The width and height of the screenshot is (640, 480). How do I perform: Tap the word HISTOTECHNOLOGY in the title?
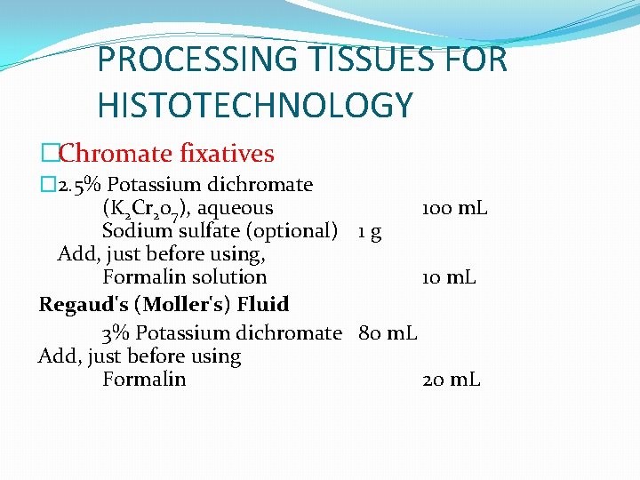pos(255,106)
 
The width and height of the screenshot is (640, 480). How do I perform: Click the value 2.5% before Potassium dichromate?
pos(79,185)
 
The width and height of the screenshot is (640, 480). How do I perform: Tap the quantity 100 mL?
pos(453,208)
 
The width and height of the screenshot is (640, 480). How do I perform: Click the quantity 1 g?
pos(370,232)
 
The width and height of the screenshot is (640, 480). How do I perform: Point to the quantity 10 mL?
pos(449,277)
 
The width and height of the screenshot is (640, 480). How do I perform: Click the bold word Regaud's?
pos(84,304)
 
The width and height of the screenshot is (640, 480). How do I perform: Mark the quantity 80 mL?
pos(388,333)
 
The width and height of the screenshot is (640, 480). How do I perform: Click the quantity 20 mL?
pos(452,380)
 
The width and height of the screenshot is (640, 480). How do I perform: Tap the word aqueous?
pos(235,208)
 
